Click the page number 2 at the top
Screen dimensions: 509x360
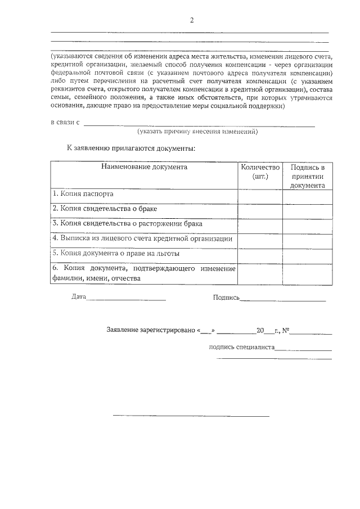coord(191,21)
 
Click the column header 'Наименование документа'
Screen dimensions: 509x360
coord(144,167)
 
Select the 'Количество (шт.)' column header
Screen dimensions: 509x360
coord(259,172)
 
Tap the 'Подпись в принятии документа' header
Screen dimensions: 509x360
coord(307,176)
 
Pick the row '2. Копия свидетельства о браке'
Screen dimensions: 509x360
coord(104,209)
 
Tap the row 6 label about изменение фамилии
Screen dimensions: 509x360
coord(143,273)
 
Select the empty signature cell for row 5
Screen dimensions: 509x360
coord(307,254)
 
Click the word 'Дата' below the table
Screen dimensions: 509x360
coord(79,297)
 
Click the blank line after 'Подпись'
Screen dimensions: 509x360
coord(283,299)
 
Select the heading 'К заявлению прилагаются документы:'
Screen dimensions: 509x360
coord(131,149)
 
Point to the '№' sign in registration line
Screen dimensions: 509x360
coord(285,330)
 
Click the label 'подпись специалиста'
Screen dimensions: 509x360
coord(241,347)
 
